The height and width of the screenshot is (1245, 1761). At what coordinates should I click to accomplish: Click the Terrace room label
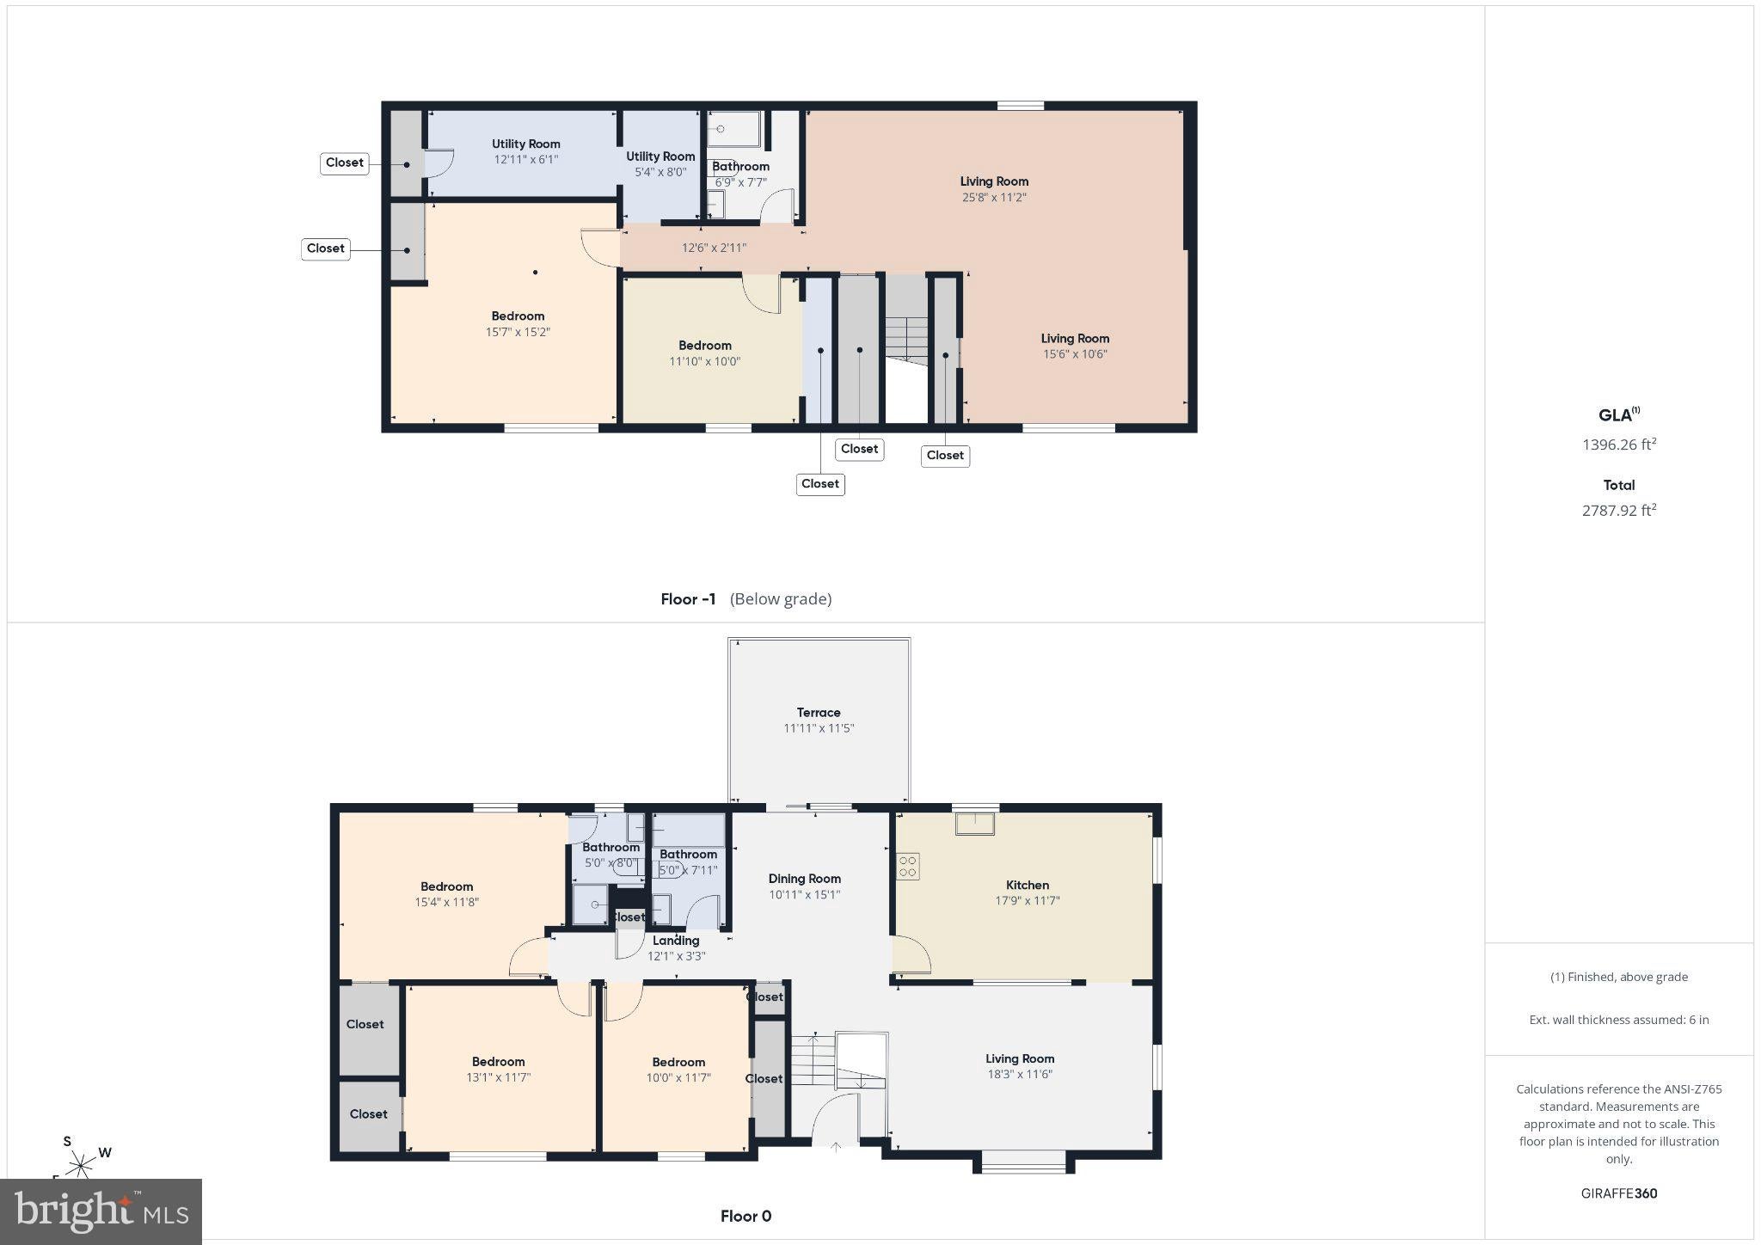click(819, 713)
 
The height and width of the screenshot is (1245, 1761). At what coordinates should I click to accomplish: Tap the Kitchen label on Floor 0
click(1028, 885)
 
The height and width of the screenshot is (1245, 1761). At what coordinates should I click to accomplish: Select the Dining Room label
click(805, 879)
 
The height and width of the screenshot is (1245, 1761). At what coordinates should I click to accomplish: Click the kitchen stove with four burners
click(908, 865)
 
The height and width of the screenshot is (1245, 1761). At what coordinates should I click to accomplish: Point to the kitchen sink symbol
click(975, 823)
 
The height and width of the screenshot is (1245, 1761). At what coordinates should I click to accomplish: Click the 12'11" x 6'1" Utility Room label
click(526, 144)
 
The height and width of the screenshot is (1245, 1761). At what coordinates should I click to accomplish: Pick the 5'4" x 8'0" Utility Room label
click(660, 156)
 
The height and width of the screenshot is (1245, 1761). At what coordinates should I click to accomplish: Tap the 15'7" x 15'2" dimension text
click(518, 332)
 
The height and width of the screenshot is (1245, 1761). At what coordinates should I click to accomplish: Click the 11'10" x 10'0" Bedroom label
click(705, 346)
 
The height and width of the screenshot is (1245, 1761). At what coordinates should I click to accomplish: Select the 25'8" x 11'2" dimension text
click(994, 197)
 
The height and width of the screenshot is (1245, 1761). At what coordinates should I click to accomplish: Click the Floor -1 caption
click(688, 599)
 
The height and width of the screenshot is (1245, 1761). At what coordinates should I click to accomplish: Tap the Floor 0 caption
click(746, 1216)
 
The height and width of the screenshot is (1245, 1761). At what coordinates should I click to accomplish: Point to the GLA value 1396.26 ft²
click(1619, 445)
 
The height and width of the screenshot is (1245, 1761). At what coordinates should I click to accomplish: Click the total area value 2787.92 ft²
click(1619, 510)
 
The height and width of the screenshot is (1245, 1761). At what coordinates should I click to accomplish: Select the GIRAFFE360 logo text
click(1619, 1193)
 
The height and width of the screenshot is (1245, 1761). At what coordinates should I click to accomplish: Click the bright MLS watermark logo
click(101, 1211)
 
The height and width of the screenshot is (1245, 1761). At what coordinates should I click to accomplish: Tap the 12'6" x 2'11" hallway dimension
click(714, 248)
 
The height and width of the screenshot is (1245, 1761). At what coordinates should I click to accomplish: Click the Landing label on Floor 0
click(676, 941)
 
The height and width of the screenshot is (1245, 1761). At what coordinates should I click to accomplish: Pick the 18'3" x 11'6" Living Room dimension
click(1020, 1074)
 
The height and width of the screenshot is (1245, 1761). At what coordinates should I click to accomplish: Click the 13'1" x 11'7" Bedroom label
click(499, 1062)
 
